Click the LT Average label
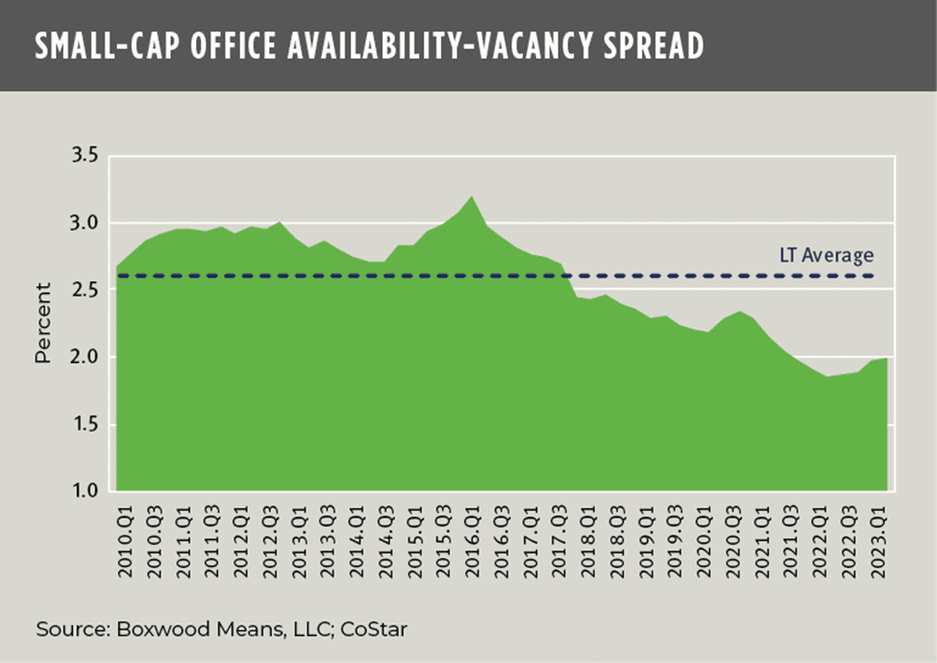tap(826, 256)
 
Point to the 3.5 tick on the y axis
tap(86, 157)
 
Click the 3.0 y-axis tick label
tap(86, 224)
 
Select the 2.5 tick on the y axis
tap(86, 291)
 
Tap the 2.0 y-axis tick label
tap(86, 358)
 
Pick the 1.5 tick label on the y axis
tap(86, 426)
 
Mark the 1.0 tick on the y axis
tap(86, 492)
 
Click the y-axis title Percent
tap(43, 324)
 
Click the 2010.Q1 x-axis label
tap(125, 542)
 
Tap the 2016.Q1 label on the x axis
tap(472, 542)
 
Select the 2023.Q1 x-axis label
tap(876, 542)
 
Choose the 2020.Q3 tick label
tap(731, 542)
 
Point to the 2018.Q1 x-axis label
tap(587, 542)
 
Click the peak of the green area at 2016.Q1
tap(472, 198)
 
